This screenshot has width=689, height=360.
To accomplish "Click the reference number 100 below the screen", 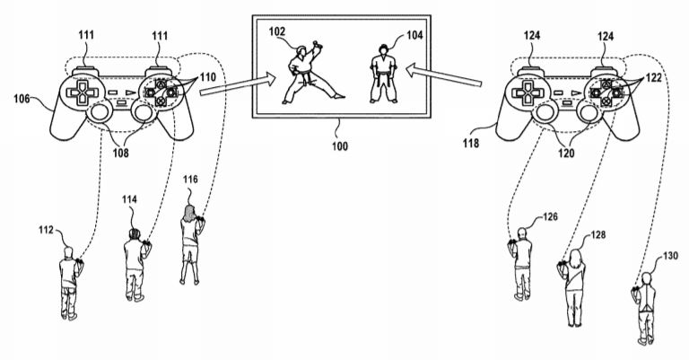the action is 340,146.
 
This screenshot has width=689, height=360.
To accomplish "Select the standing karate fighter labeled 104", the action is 384,74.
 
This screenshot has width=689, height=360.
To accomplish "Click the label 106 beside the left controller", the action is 22,99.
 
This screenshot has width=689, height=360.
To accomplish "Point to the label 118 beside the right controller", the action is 471,143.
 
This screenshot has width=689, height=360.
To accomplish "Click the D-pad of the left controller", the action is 83,92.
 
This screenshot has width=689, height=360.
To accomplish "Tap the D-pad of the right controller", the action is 528,92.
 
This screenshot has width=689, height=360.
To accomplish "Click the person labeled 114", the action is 135,265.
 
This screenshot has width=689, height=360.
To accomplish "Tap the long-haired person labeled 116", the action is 191,244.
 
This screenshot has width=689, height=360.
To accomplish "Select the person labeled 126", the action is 520,264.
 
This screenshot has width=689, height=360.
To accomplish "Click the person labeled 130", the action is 644,309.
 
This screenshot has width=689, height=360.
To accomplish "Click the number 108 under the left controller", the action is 121,153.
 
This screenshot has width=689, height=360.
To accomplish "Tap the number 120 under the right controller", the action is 566,153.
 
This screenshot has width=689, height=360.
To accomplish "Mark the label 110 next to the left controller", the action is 208,78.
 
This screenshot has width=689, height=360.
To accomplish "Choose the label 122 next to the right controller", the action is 653,78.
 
